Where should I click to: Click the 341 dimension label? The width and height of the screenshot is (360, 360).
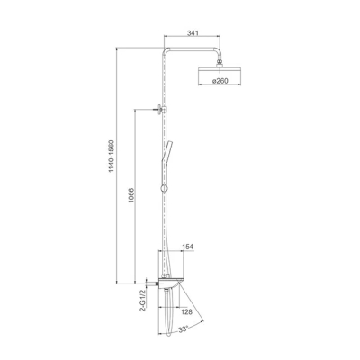coord(193,33)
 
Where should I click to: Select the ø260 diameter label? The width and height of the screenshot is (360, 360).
coord(220,81)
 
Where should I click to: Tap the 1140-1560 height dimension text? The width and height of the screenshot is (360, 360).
coord(112,156)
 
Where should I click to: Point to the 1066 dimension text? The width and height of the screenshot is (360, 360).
coord(130,196)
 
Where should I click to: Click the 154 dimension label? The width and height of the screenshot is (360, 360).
coord(188,247)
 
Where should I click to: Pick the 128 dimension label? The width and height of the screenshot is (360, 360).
coord(186,312)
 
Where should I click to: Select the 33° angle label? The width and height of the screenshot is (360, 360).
coord(184,329)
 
